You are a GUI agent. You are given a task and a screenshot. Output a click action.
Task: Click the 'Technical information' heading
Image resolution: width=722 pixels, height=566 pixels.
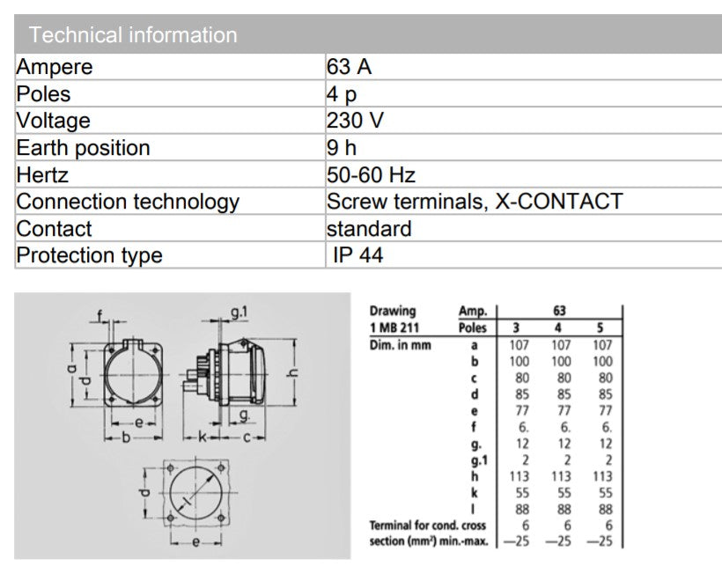(133, 35)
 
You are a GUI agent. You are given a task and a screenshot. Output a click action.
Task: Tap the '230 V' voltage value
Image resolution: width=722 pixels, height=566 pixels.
(355, 121)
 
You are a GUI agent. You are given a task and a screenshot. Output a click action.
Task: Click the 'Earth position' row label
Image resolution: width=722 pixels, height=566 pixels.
(84, 148)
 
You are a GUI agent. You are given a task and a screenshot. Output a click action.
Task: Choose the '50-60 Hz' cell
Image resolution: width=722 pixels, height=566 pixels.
(371, 174)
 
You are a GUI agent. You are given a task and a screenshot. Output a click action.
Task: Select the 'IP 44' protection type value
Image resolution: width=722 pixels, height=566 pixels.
(357, 255)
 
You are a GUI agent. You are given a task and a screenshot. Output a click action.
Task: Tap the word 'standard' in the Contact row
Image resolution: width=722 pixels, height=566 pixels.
(369, 229)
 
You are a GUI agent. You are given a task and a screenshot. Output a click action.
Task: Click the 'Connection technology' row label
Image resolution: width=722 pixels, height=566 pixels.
(128, 202)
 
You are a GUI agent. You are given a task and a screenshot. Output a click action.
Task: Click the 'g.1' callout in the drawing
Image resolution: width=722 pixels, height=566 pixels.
(239, 312)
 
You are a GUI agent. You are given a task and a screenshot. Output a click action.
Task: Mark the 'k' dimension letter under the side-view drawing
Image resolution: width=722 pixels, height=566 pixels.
(202, 437)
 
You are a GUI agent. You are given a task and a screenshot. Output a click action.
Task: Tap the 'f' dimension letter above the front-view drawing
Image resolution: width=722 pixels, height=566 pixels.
(101, 316)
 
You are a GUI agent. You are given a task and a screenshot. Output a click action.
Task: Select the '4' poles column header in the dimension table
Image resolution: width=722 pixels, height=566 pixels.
(561, 327)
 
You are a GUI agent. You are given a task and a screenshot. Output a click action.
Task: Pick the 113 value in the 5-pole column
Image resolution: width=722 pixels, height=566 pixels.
(602, 476)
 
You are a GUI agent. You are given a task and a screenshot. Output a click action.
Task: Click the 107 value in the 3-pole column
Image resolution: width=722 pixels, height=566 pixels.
(519, 345)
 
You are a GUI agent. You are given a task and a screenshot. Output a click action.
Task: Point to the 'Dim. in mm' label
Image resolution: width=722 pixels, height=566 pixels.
(401, 345)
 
